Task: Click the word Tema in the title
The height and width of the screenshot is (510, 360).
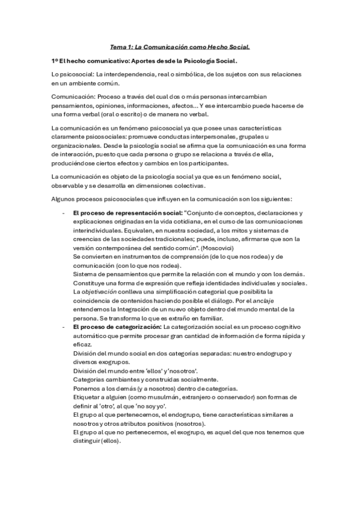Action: tap(118, 46)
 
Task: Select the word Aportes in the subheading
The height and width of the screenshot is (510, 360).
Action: tap(144, 61)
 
